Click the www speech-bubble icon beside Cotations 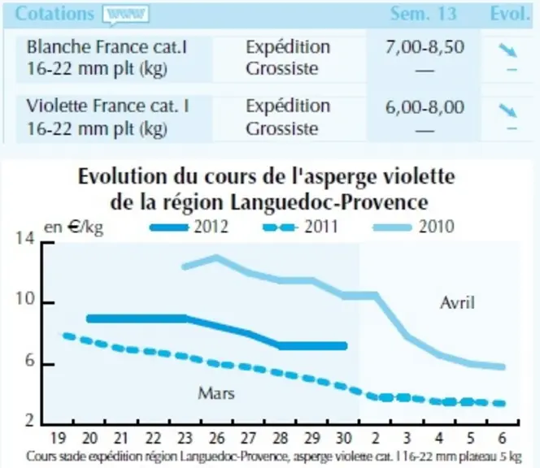pyautogui.click(x=126, y=15)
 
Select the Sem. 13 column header pyautogui.click(x=423, y=14)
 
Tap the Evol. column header pyautogui.click(x=510, y=14)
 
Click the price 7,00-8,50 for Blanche pyautogui.click(x=425, y=47)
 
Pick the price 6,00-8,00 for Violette pyautogui.click(x=425, y=107)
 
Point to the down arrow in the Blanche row pyautogui.click(x=508, y=50)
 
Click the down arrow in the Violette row pyautogui.click(x=508, y=110)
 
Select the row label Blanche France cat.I pyautogui.click(x=107, y=47)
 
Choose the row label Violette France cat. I pyautogui.click(x=108, y=106)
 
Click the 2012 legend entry pyautogui.click(x=189, y=227)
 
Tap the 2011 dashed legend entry pyautogui.click(x=300, y=227)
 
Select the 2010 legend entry pyautogui.click(x=413, y=227)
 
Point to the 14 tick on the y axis pyautogui.click(x=24, y=238)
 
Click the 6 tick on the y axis pyautogui.click(x=30, y=360)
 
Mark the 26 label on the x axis pyautogui.click(x=216, y=439)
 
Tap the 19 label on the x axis pyautogui.click(x=58, y=439)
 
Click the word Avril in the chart pyautogui.click(x=457, y=303)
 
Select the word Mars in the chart pyautogui.click(x=216, y=393)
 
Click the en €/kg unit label pyautogui.click(x=74, y=227)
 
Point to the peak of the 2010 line pyautogui.click(x=216, y=257)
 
